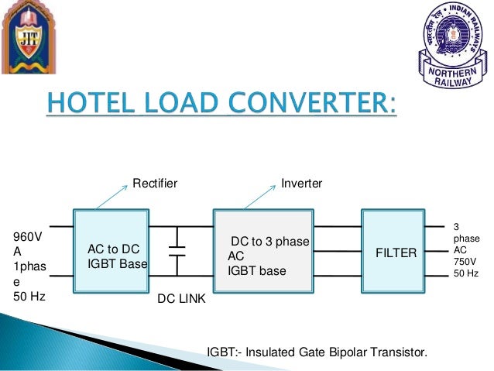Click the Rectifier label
pos(155,184)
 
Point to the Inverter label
pos(302,184)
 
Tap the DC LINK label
pos(182,299)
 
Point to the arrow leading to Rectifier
pos(108,198)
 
